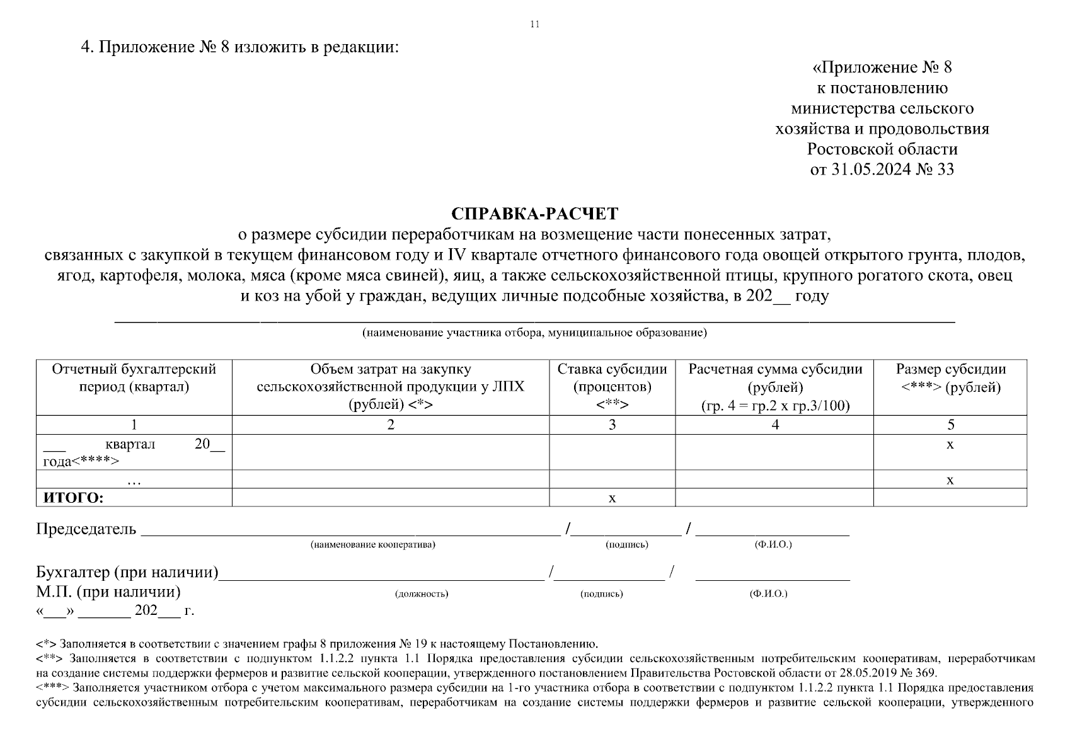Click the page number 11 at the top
click(535, 25)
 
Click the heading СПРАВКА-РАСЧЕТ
click(535, 214)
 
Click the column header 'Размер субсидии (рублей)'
click(950, 378)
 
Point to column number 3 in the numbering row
click(612, 425)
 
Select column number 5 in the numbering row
click(950, 425)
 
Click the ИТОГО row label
click(73, 498)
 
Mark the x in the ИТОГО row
click(612, 498)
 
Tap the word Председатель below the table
click(86, 529)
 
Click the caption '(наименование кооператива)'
click(372, 544)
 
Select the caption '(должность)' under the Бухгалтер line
click(422, 593)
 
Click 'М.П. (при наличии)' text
click(108, 592)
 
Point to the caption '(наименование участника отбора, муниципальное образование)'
click(534, 333)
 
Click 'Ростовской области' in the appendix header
click(882, 149)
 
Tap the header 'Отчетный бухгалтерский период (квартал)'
click(134, 378)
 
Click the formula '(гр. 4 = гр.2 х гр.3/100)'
click(775, 406)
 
